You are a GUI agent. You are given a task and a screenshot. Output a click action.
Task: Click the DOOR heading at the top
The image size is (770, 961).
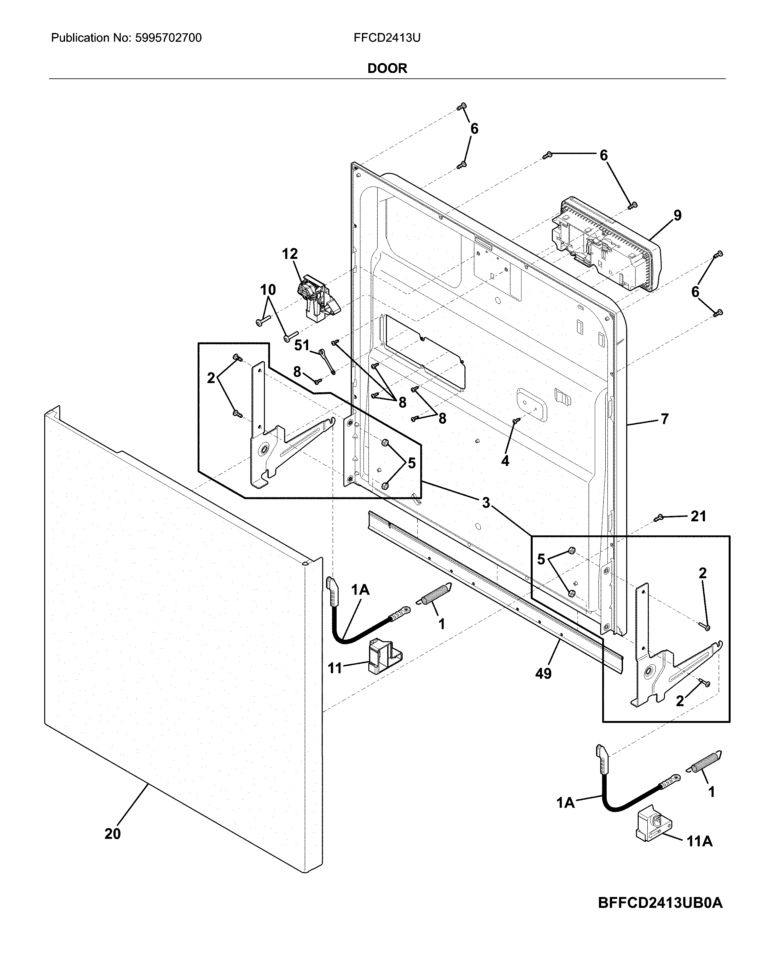387,68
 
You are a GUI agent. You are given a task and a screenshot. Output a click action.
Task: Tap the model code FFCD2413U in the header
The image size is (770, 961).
387,38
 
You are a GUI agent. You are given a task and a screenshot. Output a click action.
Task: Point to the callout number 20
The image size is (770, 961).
112,834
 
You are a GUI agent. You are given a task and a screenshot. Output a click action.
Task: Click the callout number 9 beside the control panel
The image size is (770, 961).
677,216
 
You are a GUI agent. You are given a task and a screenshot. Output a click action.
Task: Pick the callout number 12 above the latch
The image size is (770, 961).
290,254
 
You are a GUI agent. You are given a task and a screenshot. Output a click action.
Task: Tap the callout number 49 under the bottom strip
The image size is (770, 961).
543,674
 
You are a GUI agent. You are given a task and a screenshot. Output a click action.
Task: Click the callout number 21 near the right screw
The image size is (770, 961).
698,516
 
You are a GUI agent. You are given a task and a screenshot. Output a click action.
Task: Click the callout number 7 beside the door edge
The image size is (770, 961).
664,419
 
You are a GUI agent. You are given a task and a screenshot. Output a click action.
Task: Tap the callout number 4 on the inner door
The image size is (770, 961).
505,461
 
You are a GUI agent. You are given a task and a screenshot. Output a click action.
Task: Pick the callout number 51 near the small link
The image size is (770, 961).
302,345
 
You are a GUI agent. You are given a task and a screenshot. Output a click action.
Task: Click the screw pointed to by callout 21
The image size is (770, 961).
658,517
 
